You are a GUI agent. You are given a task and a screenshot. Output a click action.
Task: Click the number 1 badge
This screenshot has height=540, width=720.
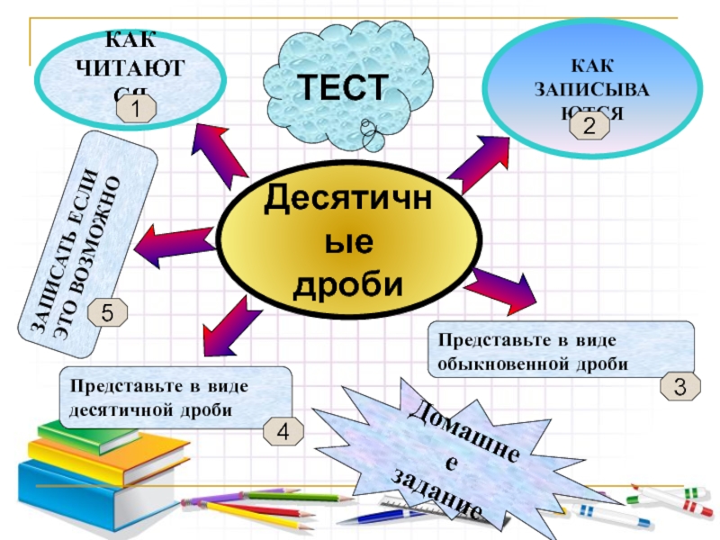pyautogui.click(x=135, y=111)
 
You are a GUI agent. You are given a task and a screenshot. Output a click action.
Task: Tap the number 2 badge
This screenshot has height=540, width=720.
pyautogui.click(x=589, y=127)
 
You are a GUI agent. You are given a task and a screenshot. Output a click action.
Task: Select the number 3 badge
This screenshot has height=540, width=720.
pyautogui.click(x=680, y=387)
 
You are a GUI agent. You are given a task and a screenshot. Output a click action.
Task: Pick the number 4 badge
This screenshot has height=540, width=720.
pyautogui.click(x=283, y=433)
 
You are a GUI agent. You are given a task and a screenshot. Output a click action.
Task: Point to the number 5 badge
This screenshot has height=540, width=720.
pyautogui.click(x=107, y=313)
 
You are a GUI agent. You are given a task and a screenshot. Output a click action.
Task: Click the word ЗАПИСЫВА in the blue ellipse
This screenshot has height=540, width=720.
pyautogui.click(x=592, y=90)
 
